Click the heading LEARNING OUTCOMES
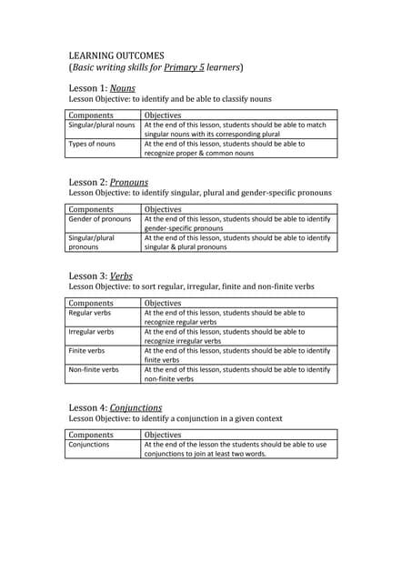116,55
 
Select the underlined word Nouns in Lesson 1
123,87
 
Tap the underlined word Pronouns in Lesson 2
129,182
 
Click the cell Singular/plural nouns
102,125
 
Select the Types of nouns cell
93,144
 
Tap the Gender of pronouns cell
100,219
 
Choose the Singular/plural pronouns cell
92,242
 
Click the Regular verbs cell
91,313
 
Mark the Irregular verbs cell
92,332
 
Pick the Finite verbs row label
87,350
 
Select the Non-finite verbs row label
95,369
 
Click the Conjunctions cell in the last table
89,445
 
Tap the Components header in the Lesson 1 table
92,115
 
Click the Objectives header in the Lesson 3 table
164,303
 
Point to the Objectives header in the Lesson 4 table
164,435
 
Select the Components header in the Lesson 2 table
92,209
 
